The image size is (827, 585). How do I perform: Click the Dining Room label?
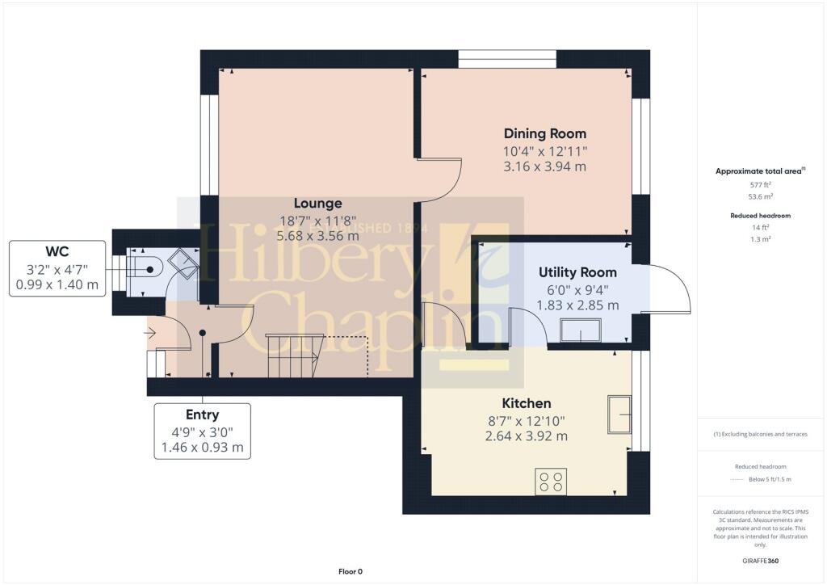click(545, 133)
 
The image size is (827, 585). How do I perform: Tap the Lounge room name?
click(317, 204)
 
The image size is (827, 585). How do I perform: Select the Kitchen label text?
click(527, 403)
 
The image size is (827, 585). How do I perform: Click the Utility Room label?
click(577, 272)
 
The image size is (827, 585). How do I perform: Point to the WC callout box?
click(57, 268)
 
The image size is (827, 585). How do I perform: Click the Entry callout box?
click(202, 431)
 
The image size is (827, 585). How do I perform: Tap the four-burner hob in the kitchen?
click(551, 482)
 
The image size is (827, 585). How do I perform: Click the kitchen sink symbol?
click(620, 415)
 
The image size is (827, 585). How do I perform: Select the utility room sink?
click(581, 331)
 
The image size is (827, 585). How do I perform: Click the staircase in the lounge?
click(294, 356)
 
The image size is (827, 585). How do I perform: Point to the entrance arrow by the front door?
click(151, 332)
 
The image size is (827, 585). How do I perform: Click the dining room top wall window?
click(506, 59)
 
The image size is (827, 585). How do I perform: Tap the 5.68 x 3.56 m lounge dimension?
click(317, 237)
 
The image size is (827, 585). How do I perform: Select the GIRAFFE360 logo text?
click(760, 561)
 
